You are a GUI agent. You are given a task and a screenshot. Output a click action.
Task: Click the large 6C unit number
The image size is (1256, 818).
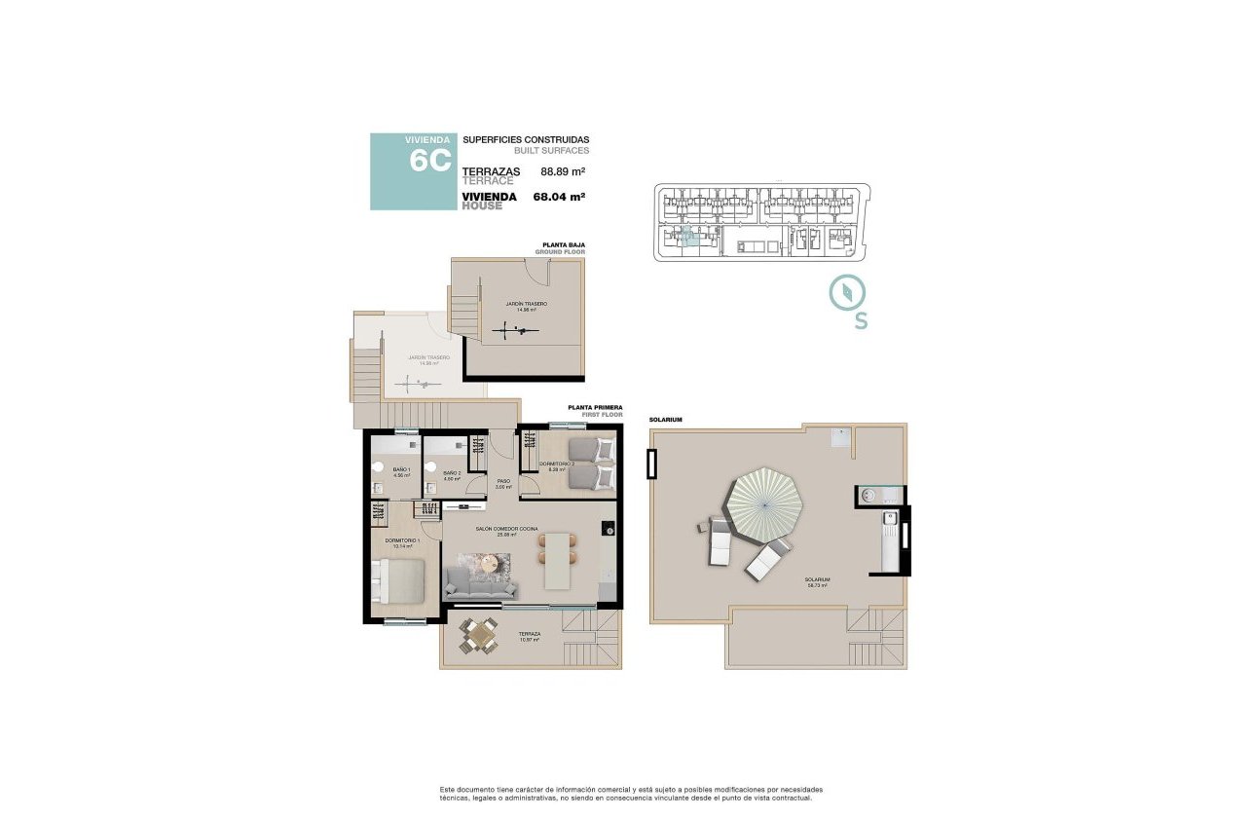tap(428, 160)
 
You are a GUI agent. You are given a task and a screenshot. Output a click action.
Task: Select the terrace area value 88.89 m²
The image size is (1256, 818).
tap(563, 171)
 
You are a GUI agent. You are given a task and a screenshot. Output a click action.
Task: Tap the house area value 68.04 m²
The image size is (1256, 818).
tap(559, 197)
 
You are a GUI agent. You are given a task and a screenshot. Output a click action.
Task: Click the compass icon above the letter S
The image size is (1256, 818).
tap(847, 293)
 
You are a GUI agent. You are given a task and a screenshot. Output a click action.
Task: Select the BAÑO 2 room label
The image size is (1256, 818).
tap(452, 474)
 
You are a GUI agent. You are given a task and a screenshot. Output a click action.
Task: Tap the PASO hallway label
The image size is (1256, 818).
tap(503, 483)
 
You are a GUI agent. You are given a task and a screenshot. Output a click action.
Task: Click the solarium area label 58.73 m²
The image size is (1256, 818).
tap(816, 582)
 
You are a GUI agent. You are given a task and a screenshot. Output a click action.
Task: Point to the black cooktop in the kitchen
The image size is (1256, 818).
tap(608, 529)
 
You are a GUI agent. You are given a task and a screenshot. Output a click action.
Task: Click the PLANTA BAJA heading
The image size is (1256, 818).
tap(564, 245)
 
